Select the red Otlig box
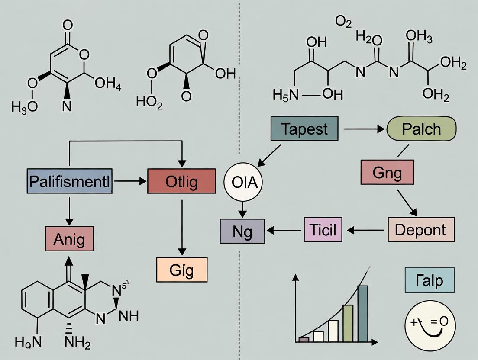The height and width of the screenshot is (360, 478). (x=181, y=181)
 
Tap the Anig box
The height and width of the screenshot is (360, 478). (x=69, y=239)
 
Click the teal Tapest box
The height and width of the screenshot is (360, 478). (x=304, y=129)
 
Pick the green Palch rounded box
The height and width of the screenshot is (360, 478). (x=421, y=129)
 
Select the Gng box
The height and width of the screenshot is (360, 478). (x=387, y=172)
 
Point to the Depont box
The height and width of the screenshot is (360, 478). (x=421, y=229)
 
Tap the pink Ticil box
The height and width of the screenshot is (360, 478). (x=323, y=229)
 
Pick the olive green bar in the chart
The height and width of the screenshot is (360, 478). (x=348, y=322)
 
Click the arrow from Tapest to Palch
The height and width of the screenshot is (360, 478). (x=364, y=129)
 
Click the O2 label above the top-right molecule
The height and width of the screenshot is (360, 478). (x=343, y=22)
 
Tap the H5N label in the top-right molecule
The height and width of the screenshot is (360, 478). (x=286, y=94)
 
